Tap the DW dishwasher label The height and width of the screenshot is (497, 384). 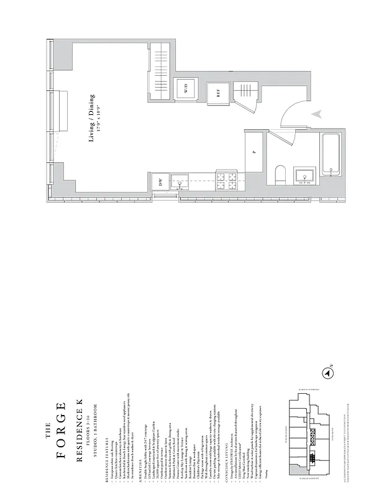click(x=160, y=182)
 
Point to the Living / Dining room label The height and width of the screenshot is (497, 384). click(x=92, y=118)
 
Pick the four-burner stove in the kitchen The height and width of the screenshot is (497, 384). click(x=226, y=181)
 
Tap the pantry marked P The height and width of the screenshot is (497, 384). click(x=254, y=152)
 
